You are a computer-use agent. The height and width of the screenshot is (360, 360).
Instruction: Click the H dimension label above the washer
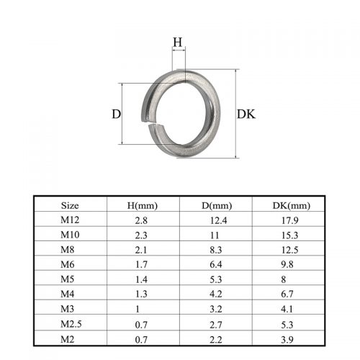coord(178,42)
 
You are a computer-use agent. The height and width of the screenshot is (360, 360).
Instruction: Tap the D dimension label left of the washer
coord(117,114)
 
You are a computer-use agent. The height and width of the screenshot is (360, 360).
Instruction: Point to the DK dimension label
coord(246,114)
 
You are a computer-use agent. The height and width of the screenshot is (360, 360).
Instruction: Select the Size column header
coord(70,206)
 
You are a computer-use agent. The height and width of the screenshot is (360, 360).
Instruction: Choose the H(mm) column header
coord(143,206)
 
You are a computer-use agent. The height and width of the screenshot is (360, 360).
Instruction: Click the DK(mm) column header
coord(292,206)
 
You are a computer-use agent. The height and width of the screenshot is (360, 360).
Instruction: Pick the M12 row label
coord(70,220)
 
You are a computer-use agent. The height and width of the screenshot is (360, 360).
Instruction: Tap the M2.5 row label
coord(71,324)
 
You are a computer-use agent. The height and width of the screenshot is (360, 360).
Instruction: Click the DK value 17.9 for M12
coord(289,220)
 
